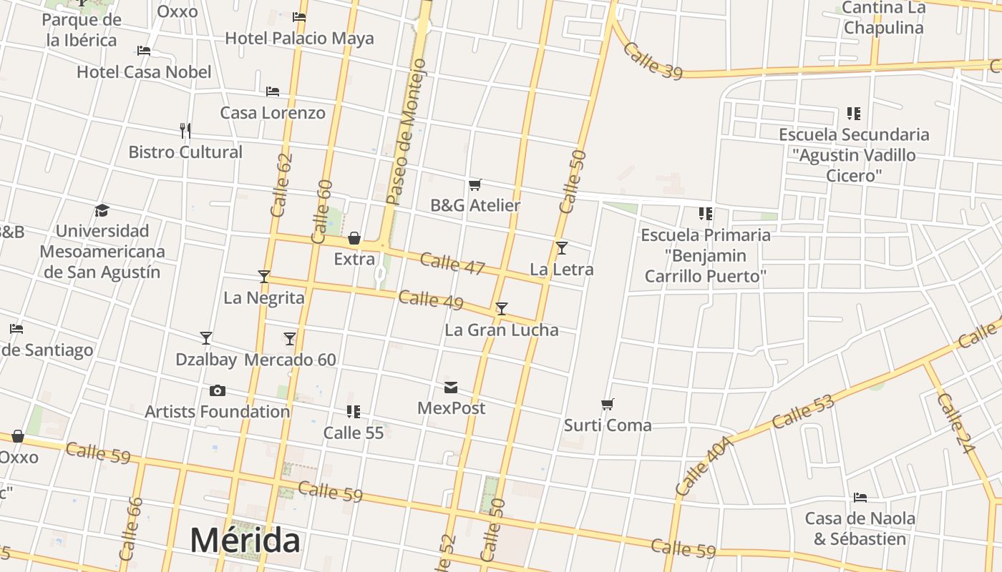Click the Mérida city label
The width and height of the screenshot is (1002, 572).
[245, 541]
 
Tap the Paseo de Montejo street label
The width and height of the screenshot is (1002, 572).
[406, 133]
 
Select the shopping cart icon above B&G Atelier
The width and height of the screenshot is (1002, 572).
[475, 185]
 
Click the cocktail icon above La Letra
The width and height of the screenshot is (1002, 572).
[562, 248]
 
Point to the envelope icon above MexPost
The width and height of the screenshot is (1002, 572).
[451, 388]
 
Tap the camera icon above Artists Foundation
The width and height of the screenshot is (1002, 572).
[218, 390]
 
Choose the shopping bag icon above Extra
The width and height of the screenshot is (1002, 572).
[354, 238]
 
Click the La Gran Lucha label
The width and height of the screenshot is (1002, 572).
[501, 330]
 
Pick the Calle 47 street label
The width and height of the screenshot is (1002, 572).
[452, 263]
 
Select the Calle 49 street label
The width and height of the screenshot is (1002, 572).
[431, 300]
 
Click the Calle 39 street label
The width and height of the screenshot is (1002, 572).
[652, 60]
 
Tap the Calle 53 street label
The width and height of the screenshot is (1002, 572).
[803, 412]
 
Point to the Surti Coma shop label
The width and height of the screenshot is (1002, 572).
[608, 425]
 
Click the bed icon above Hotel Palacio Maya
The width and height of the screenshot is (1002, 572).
[299, 17]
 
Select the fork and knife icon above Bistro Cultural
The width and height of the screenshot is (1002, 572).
[185, 131]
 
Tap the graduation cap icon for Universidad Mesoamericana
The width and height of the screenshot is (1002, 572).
[102, 210]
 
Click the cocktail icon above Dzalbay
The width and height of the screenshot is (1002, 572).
[206, 337]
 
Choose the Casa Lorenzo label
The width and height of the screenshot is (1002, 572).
[272, 113]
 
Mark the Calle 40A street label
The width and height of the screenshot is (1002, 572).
[704, 467]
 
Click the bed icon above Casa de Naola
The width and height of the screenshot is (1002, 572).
[860, 498]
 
